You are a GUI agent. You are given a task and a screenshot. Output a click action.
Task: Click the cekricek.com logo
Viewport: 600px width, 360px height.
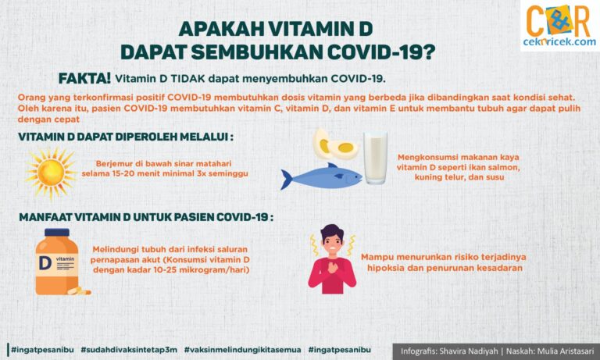point(559,26)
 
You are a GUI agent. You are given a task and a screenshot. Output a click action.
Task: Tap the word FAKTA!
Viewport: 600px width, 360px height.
point(84,79)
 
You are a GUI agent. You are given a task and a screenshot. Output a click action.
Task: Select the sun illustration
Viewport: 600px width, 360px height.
point(51,173)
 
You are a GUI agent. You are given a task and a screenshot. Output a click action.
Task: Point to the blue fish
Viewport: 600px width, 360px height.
point(321,177)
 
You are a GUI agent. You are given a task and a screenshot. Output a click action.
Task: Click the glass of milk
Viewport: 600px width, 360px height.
point(375,158)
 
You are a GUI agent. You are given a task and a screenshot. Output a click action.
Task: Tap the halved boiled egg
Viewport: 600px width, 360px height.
point(335,144)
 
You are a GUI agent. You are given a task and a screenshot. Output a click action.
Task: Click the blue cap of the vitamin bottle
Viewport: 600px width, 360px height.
point(56,233)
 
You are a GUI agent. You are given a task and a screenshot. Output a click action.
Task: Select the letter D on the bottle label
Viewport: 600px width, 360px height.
point(45,263)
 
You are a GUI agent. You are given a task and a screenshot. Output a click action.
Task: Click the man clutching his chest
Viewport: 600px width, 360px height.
point(332,259)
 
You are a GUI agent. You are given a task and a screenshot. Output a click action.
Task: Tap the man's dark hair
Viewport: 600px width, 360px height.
point(331,232)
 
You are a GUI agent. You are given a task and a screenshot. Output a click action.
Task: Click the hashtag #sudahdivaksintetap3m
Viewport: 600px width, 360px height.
point(129,350)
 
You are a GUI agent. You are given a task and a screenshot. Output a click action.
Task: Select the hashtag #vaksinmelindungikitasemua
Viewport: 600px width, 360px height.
point(243,350)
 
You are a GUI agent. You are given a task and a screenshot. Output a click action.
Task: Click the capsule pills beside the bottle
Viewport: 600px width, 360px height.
point(79,290)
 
